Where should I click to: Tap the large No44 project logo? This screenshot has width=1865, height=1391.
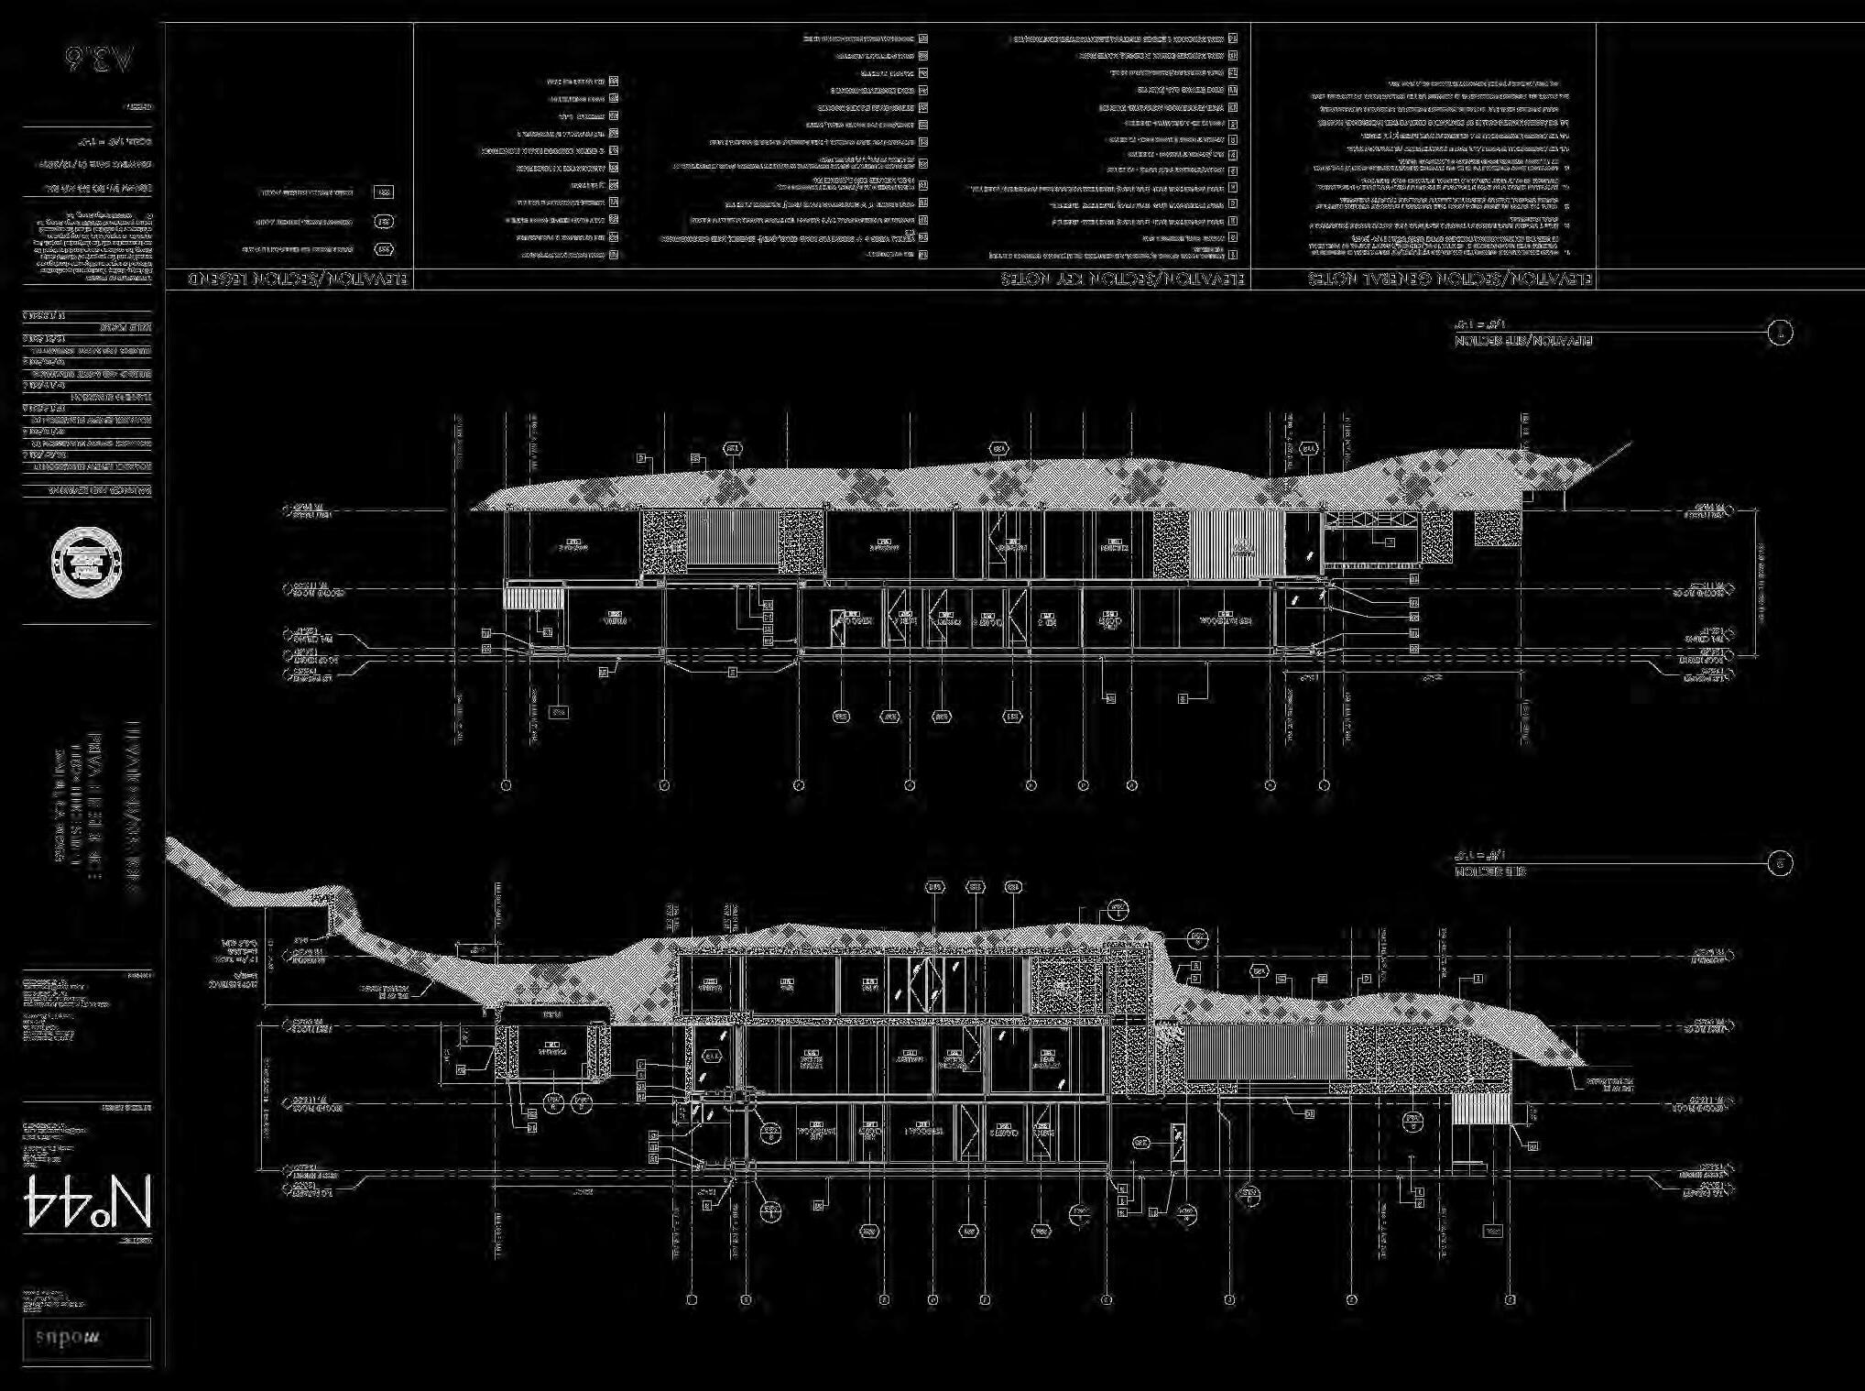click(x=87, y=1200)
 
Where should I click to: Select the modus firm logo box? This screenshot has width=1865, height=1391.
click(x=87, y=1338)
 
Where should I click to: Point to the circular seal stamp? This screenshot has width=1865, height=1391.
click(x=87, y=559)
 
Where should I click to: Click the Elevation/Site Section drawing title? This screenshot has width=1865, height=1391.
click(x=1523, y=341)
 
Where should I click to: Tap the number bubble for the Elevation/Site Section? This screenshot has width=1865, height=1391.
click(x=1780, y=333)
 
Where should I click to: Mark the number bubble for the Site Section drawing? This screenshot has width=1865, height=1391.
click(x=1780, y=863)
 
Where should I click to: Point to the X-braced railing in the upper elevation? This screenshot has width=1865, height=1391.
click(x=1371, y=519)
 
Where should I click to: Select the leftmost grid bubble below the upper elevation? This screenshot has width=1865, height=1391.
click(x=506, y=785)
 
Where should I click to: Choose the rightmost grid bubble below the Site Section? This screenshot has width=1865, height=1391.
click(x=1510, y=1299)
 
